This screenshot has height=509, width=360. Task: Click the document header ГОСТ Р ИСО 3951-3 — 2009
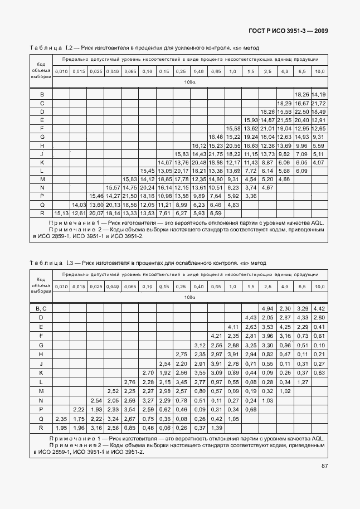pos(284,31)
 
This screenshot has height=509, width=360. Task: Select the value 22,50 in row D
pos(301,112)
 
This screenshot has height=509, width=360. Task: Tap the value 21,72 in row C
pos(319,104)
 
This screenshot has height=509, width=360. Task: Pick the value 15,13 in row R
pos(61,212)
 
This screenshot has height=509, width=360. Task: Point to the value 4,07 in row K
pos(319,162)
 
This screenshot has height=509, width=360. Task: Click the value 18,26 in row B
pos(301,95)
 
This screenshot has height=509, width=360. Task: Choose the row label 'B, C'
pos(41,309)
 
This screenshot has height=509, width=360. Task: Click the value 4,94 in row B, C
pos(267,309)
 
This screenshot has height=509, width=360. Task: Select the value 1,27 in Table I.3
pos(301,381)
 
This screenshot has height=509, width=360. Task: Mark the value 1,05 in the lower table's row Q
pos(233,419)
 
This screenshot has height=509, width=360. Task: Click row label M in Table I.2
pos(41,179)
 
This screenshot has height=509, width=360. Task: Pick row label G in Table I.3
pos(41,345)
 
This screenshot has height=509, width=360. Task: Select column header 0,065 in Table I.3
pos(130,287)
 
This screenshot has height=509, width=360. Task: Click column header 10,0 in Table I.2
pos(319,72)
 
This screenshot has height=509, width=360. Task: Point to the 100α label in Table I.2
pos(190,83)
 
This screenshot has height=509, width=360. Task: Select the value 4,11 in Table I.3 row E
pos(233,327)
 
